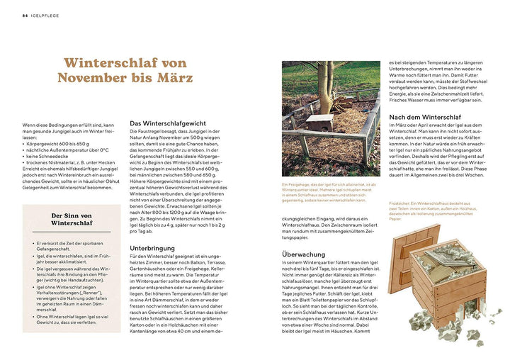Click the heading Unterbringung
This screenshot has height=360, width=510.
click(153, 249)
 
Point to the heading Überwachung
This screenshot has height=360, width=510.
click(303, 254)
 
